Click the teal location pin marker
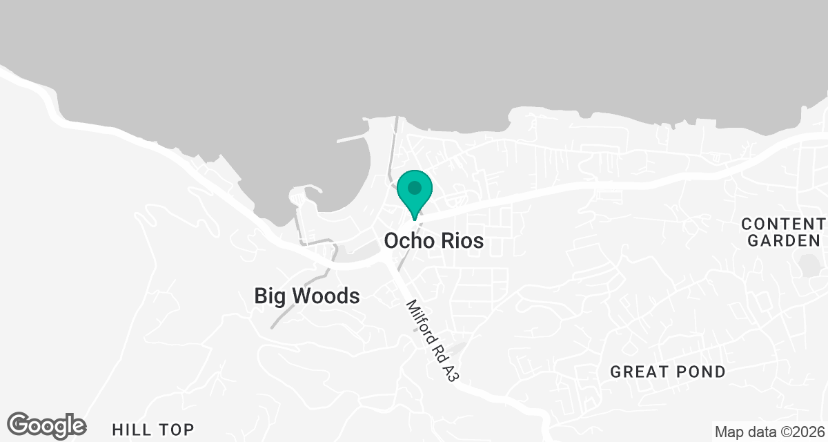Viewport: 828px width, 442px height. tap(415, 194)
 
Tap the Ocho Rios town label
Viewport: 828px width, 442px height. tap(433, 241)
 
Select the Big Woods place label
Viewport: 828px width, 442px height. tap(307, 296)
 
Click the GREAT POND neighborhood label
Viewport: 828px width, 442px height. tap(668, 372)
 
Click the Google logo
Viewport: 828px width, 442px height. tap(47, 425)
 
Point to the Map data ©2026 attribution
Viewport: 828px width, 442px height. tap(769, 432)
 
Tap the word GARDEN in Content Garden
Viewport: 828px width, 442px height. tap(785, 241)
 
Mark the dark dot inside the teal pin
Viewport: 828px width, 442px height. tap(415, 187)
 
